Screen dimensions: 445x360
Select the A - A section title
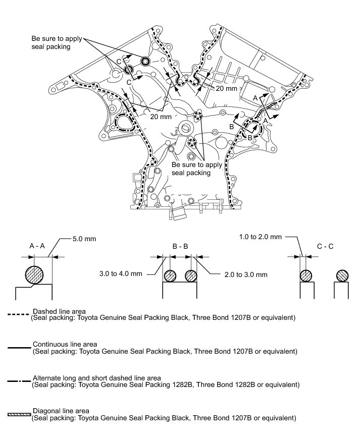click(37, 247)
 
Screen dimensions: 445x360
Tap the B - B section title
click(180, 247)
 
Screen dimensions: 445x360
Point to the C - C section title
click(325, 247)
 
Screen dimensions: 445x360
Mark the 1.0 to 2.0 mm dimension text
click(261, 236)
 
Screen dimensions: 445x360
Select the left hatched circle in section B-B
click(170, 276)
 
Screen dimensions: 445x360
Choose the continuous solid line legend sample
click(19, 348)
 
